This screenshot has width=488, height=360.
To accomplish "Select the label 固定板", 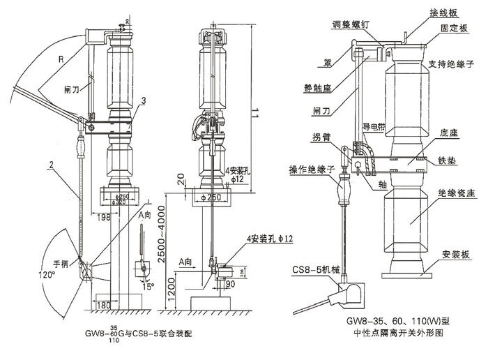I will click(455, 29).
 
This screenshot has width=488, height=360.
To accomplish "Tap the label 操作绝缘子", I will click(312, 170).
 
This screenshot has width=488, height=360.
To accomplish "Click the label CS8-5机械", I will click(314, 271).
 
